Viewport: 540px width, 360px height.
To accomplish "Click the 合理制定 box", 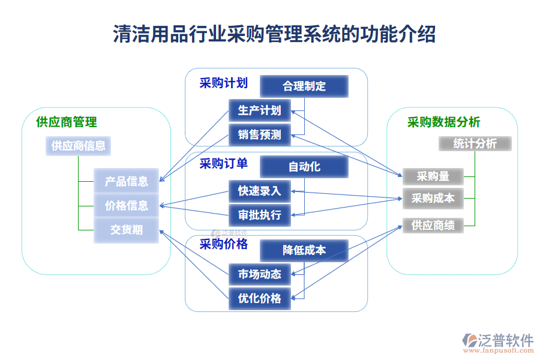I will point(304,86).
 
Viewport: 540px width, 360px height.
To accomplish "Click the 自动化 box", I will point(304,167).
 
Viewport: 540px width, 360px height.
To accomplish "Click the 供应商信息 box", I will point(78,146).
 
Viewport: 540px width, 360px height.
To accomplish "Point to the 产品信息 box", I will point(126,181).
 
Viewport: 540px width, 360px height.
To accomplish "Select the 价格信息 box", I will point(126,205).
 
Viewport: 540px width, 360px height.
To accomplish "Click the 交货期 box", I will point(126,230).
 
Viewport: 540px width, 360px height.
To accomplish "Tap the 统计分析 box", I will point(475,144).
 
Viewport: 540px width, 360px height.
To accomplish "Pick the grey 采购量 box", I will point(433,176).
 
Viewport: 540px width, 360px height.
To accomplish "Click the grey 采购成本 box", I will point(433,198).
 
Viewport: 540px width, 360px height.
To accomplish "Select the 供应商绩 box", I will point(433,226).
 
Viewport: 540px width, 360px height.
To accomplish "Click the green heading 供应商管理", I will point(67,122).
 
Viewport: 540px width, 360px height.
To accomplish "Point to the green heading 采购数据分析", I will point(443,122).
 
